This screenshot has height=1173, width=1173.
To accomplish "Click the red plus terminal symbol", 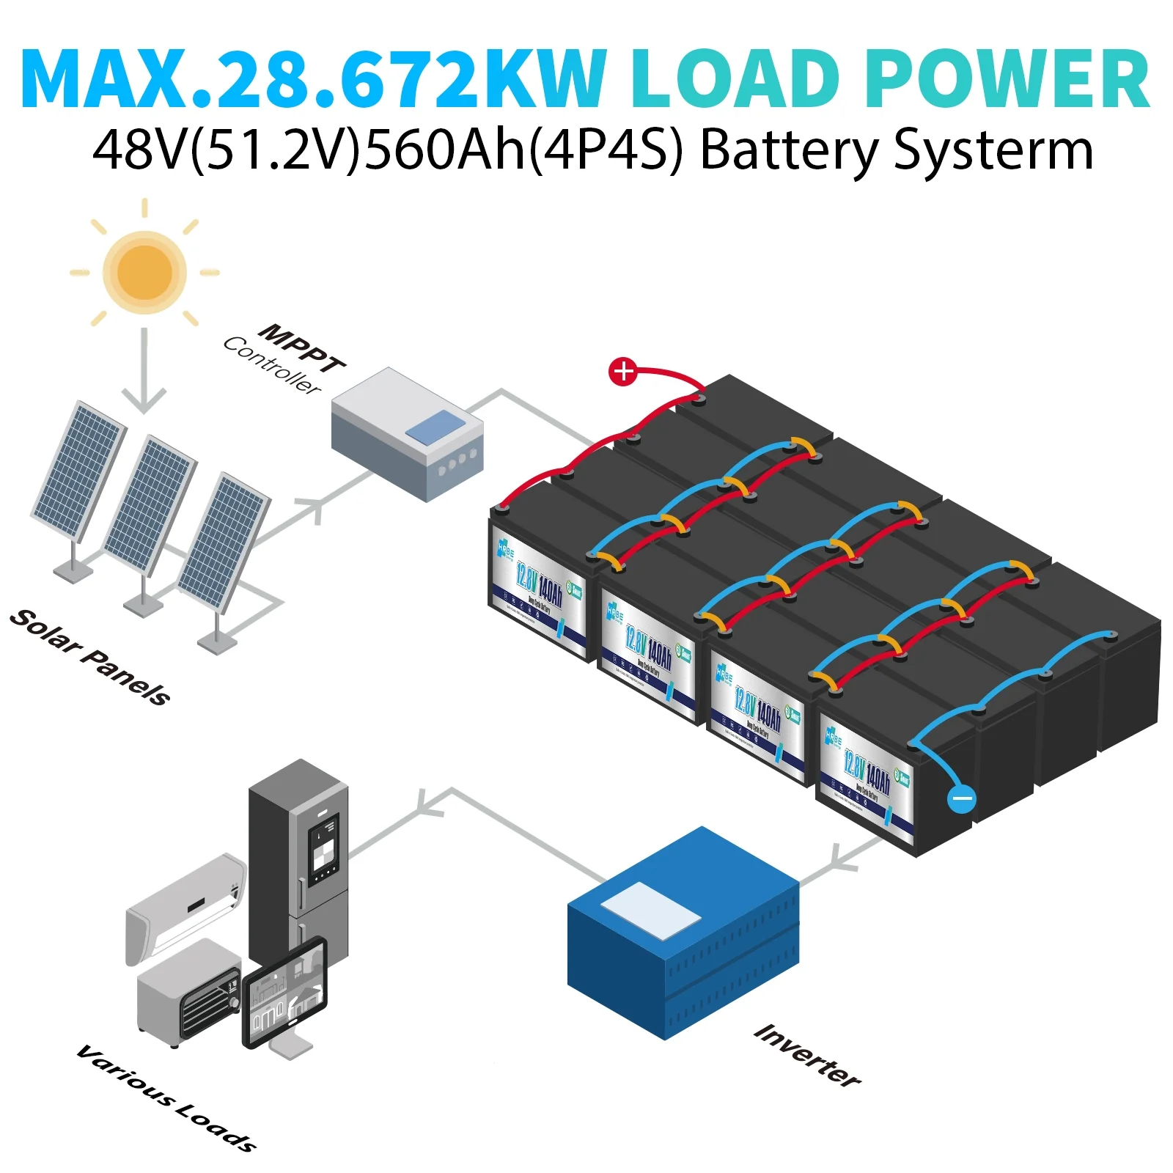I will pos(623,372).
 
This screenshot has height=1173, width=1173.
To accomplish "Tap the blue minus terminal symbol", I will pos(961,798).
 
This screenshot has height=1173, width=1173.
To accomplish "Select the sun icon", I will pos(144,272).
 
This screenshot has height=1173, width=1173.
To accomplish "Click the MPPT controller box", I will pos(408,434).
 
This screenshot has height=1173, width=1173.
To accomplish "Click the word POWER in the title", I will pos(1007,79).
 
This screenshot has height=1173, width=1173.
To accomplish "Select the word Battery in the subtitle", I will pos(789,150).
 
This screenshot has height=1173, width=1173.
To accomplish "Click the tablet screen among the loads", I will pos(284,992).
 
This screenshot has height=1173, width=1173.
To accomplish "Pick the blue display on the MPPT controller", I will pos(435,427).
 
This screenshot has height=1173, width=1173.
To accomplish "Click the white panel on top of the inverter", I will pos(650,910).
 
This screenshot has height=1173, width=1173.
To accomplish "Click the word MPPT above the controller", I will pos(303,348).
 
